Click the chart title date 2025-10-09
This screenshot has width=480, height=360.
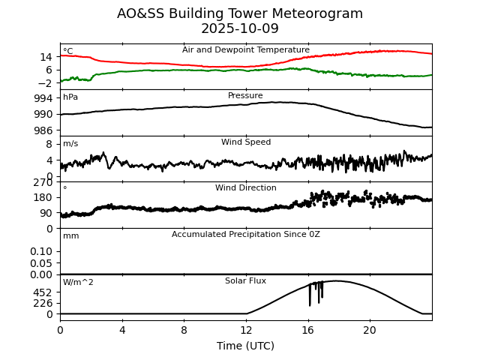240,29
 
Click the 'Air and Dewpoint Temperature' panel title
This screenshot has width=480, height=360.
246,50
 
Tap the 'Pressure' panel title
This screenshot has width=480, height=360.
246,96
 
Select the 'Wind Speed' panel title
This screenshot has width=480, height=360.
246,142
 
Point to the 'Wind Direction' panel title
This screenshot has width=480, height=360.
246,188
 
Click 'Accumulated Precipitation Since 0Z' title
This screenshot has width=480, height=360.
246,235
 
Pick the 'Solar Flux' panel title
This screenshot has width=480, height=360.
246,281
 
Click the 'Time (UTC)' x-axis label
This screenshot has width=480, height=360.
246,346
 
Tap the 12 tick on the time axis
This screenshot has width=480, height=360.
246,330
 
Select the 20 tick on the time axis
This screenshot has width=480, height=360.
370,330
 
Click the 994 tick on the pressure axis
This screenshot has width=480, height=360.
44,98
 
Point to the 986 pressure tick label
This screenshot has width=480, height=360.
44,130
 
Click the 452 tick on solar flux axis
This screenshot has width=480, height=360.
44,292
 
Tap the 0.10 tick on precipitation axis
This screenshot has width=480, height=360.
41,251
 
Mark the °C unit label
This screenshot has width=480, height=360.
68,52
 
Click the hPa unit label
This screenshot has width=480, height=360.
70,97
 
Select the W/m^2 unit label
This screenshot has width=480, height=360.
78,283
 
